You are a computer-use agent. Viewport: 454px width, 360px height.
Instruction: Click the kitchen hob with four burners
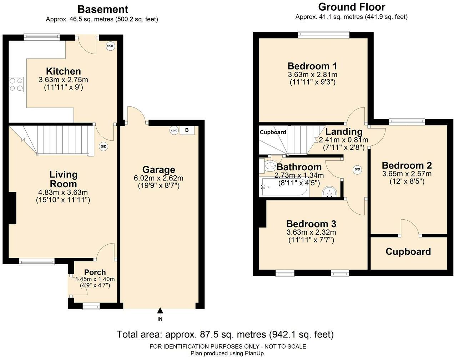coord(16,84)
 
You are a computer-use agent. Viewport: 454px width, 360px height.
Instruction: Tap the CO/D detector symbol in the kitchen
coord(110,46)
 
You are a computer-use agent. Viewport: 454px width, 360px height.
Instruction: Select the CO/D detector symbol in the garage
coord(174,130)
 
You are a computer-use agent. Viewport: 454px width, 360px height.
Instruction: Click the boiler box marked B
coord(187,130)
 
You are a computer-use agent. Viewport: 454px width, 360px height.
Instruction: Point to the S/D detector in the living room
coord(104,146)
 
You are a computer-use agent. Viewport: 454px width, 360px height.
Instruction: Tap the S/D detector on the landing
coord(357,169)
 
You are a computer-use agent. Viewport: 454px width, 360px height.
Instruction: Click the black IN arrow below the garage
coord(160,311)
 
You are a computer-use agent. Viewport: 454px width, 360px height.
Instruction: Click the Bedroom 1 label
coord(312,66)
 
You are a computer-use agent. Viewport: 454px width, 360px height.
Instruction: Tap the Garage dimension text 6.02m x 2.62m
coord(158,178)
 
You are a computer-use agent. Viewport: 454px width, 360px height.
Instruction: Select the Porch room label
coord(95,272)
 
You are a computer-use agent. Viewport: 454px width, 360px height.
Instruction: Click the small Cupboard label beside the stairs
coord(273,132)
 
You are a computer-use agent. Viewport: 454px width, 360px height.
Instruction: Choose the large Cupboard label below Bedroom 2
coord(408,251)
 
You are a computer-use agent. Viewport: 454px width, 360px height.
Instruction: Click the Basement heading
coord(103,9)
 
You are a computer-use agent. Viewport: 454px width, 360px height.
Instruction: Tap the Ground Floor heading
coord(352,7)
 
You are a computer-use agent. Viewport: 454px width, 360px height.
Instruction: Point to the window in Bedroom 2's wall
coord(407,121)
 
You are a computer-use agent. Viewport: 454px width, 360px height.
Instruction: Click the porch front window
coord(91,306)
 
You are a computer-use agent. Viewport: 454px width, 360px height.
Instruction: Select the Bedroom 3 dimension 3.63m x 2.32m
coord(311,232)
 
